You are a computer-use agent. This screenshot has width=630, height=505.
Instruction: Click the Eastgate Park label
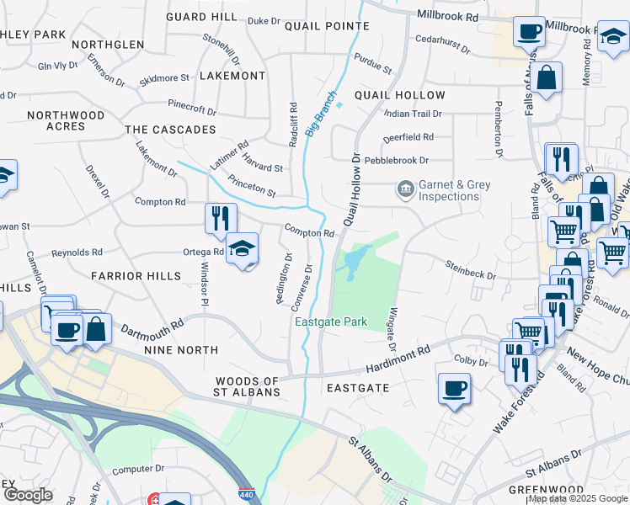330,322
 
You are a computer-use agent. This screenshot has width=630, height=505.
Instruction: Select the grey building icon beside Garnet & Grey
405,187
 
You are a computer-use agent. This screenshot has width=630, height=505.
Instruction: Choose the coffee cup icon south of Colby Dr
454,388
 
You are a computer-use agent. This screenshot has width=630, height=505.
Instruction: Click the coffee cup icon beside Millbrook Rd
528,32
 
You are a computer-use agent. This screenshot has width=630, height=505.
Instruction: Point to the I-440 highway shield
246,497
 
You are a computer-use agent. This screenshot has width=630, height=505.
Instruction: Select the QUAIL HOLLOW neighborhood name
399,95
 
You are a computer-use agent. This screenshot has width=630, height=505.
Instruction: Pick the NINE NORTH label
180,350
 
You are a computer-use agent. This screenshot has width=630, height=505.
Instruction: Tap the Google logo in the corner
28,495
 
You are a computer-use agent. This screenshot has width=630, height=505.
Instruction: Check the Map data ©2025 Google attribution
578,499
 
